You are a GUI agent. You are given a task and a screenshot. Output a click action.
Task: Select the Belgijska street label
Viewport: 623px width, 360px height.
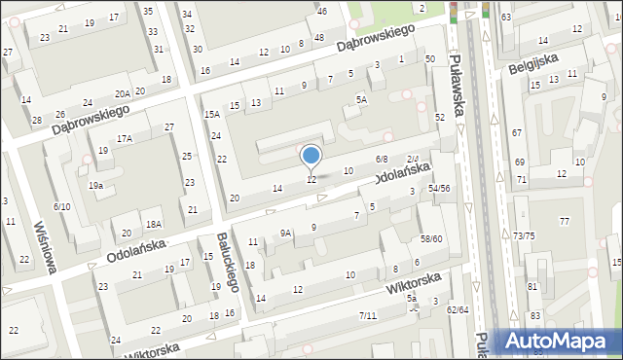[532, 62]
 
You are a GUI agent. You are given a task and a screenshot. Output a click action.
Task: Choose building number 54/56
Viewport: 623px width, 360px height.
[439, 188]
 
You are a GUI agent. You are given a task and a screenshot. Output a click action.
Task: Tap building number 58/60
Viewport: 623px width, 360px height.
[431, 238]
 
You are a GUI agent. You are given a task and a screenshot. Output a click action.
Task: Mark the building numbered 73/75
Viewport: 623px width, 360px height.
[524, 235]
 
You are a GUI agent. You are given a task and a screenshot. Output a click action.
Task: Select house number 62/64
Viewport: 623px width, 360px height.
[457, 309]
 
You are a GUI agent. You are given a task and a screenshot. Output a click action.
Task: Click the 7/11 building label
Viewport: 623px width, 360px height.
[367, 315]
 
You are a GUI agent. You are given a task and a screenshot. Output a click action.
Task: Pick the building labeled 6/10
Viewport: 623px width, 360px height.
[62, 206]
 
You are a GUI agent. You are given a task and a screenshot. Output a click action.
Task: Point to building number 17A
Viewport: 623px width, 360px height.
[125, 139]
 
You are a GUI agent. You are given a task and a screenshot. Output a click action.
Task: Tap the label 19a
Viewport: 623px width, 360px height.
[95, 185]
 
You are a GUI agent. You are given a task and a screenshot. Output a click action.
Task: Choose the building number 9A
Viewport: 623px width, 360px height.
[285, 233]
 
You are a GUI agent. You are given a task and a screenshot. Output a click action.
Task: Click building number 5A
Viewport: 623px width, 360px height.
[361, 99]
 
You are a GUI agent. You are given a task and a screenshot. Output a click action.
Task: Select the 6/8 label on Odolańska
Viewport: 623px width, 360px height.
[382, 159]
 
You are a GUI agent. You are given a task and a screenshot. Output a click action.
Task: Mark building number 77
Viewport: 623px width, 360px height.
[564, 222]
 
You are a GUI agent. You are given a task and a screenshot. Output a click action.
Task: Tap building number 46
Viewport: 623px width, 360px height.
[322, 11]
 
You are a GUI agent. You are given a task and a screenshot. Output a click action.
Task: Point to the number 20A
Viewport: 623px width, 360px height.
[122, 93]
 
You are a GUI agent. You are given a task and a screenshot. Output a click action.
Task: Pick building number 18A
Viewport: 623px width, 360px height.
[153, 224]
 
